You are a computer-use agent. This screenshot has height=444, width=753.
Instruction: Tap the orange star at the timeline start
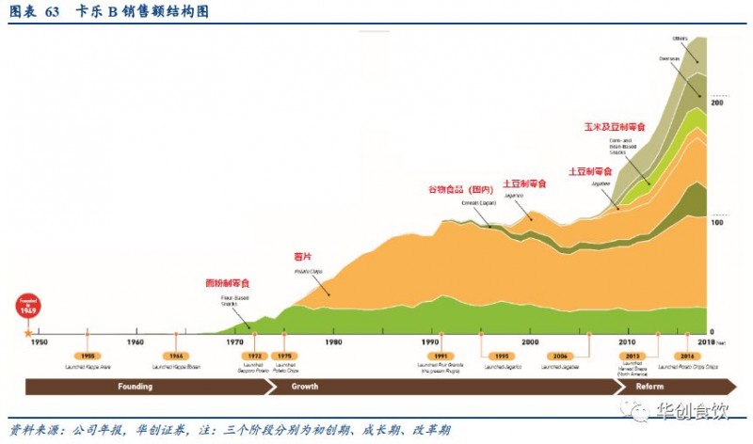pos(28,332)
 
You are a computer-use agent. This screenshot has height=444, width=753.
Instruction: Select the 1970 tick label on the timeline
pos(233,341)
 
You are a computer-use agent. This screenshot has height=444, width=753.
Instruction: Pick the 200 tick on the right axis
pos(716,102)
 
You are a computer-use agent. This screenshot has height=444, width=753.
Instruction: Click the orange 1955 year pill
pos(87,357)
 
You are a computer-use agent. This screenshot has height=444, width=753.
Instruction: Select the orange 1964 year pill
pos(177,357)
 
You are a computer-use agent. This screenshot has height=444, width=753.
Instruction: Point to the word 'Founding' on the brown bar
pos(135,387)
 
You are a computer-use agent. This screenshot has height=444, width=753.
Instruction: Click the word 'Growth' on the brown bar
pos(304,387)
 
